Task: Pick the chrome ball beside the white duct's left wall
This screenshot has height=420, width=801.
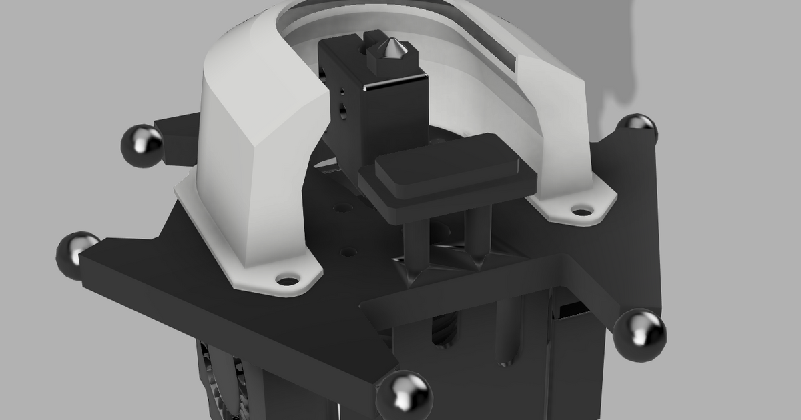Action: (142, 145)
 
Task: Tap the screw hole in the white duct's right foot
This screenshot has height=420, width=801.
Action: (582, 212)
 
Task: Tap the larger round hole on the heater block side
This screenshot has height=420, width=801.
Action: (344, 107)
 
